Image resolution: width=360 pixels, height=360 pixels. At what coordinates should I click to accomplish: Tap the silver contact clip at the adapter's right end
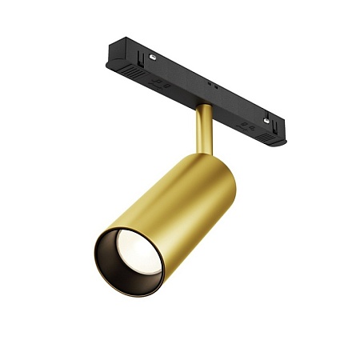[x=266, y=120]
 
